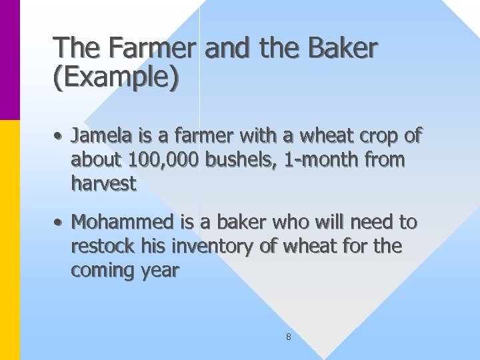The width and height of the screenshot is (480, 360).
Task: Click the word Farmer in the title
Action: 153,48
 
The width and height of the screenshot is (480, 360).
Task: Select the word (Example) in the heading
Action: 116,77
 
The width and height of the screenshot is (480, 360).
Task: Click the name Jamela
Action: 103,137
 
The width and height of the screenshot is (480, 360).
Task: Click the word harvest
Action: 103,183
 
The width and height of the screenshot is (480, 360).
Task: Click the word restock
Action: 104,246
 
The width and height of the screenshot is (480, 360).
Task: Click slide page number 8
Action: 288,337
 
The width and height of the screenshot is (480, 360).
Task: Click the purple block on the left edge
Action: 10,60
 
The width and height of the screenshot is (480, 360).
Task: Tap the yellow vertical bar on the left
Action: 10,240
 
